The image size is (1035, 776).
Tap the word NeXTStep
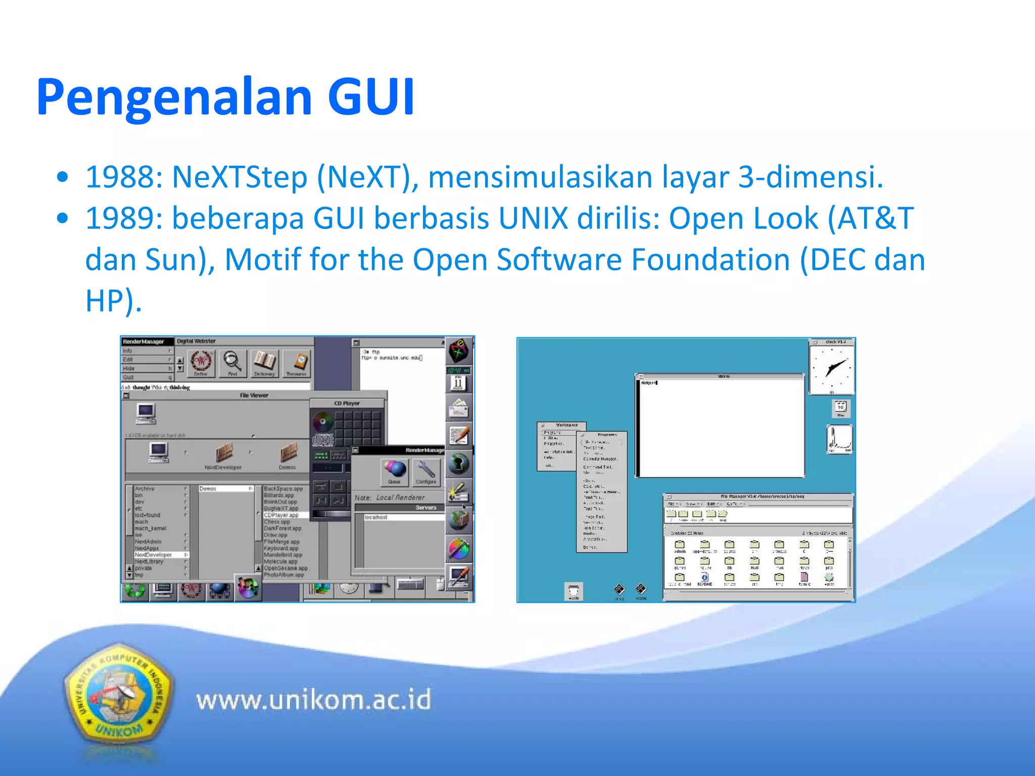pyautogui.click(x=240, y=177)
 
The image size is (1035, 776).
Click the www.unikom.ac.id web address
pyautogui.click(x=314, y=700)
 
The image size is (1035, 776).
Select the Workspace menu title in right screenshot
pyautogui.click(x=567, y=425)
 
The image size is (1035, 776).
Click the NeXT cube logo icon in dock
pyautogui.click(x=459, y=350)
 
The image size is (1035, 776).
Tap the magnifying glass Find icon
pyautogui.click(x=232, y=362)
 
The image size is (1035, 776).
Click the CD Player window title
pyautogui.click(x=347, y=403)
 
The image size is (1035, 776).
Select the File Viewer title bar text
pyautogui.click(x=254, y=396)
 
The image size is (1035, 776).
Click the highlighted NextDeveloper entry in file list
pyautogui.click(x=154, y=555)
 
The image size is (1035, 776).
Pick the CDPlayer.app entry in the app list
pyautogui.click(x=281, y=515)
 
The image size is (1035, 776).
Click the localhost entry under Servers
pyautogui.click(x=376, y=517)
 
